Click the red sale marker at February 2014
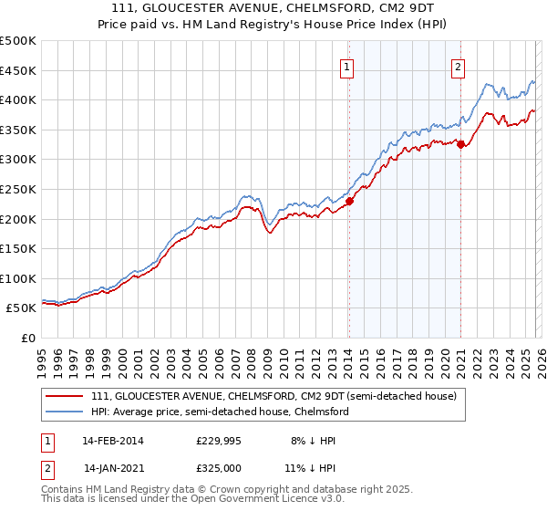349,202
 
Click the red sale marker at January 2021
461,143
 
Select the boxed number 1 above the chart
348,65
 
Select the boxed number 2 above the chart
457,65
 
